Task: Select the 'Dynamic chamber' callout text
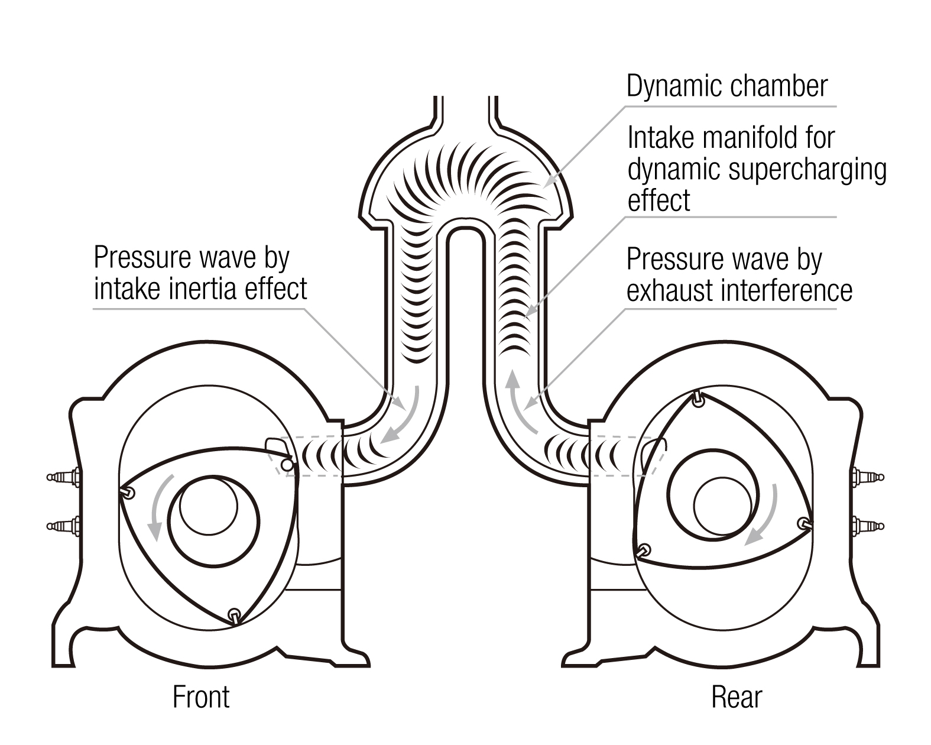[726, 86]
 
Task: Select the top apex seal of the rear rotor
[698, 399]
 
